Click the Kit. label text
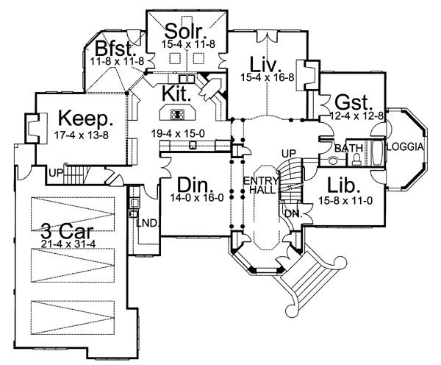179,93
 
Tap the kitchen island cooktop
177,114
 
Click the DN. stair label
292,214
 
